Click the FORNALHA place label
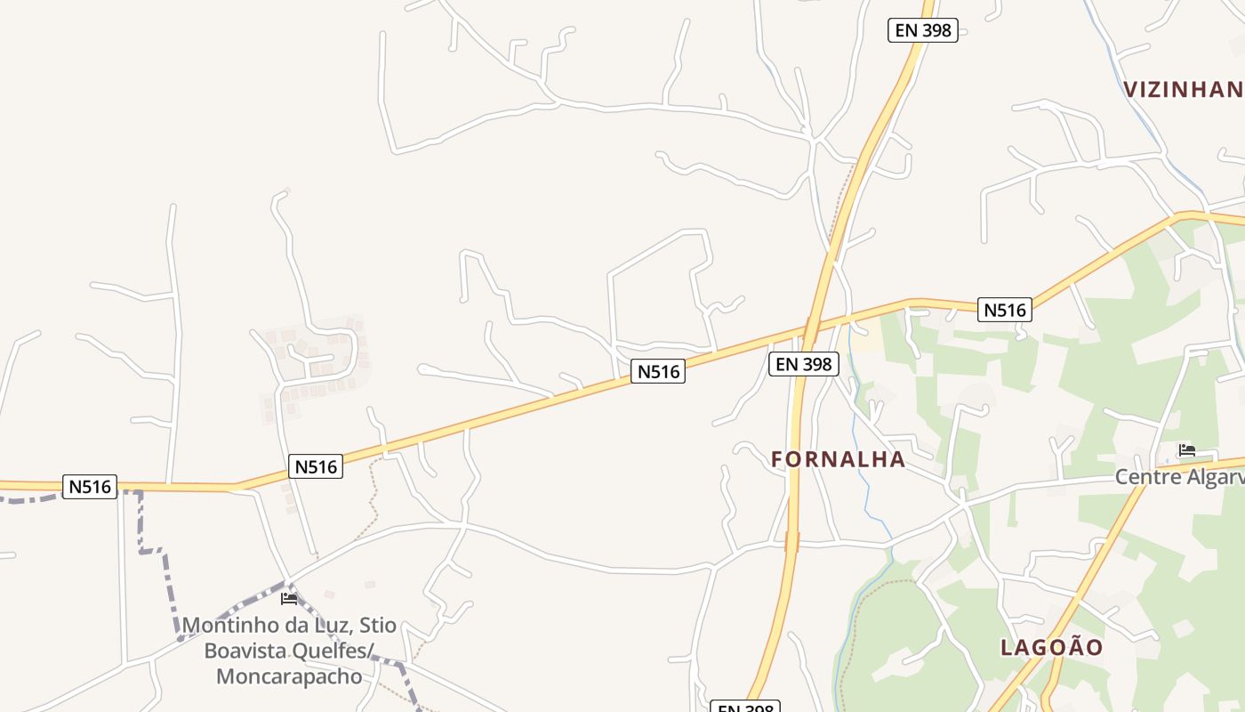coord(838,459)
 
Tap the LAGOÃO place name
coord(1051,647)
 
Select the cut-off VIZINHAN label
coord(1183,89)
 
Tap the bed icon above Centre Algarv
coord(1186,450)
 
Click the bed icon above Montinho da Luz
coord(289,598)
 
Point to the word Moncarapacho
coord(289,676)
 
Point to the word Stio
coord(377,625)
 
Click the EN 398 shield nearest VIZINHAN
coord(922,30)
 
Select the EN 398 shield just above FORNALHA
coord(803,363)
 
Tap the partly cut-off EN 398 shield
coord(745,707)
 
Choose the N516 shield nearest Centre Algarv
coord(1005,310)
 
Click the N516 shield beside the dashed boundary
coord(91,486)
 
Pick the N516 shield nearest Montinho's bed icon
coord(316,466)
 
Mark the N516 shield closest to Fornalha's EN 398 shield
coord(658,371)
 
